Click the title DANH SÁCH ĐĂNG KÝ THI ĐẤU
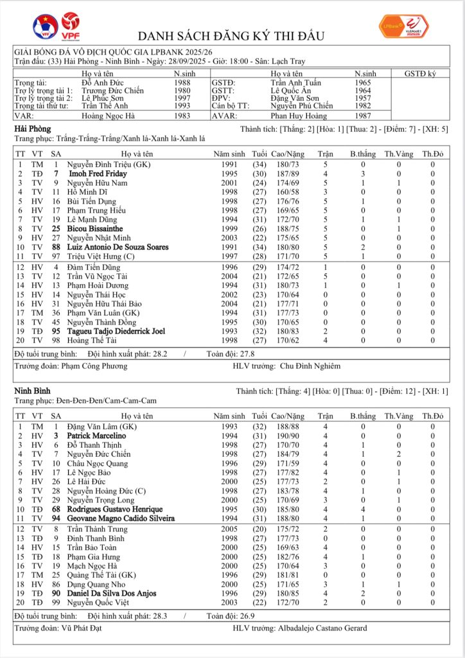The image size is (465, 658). pyautogui.click(x=232, y=35)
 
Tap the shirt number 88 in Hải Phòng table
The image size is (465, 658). pyautogui.click(x=56, y=247)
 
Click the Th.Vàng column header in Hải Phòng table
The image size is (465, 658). pyautogui.click(x=398, y=154)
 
